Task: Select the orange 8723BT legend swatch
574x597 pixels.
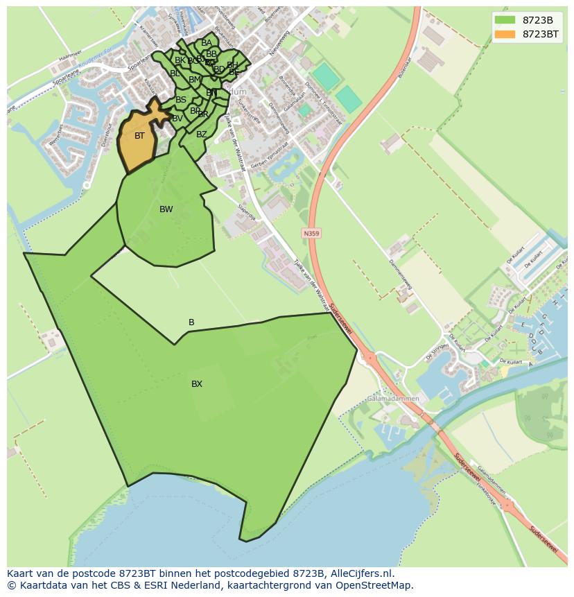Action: tap(505, 34)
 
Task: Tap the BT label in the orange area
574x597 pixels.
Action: tap(139, 136)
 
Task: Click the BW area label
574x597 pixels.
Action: tap(166, 209)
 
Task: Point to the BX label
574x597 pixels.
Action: tap(197, 384)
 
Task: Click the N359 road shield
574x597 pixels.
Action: tap(311, 234)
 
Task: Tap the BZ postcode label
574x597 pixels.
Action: tap(201, 135)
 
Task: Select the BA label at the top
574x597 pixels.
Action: tap(207, 43)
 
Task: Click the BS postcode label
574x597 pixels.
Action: tap(180, 100)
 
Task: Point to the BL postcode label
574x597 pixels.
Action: tap(175, 73)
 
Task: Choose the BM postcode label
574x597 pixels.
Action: tap(194, 80)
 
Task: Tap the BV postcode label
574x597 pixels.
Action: tap(177, 119)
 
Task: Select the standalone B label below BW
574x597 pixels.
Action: tap(191, 322)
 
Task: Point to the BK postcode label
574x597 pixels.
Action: tap(180, 60)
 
